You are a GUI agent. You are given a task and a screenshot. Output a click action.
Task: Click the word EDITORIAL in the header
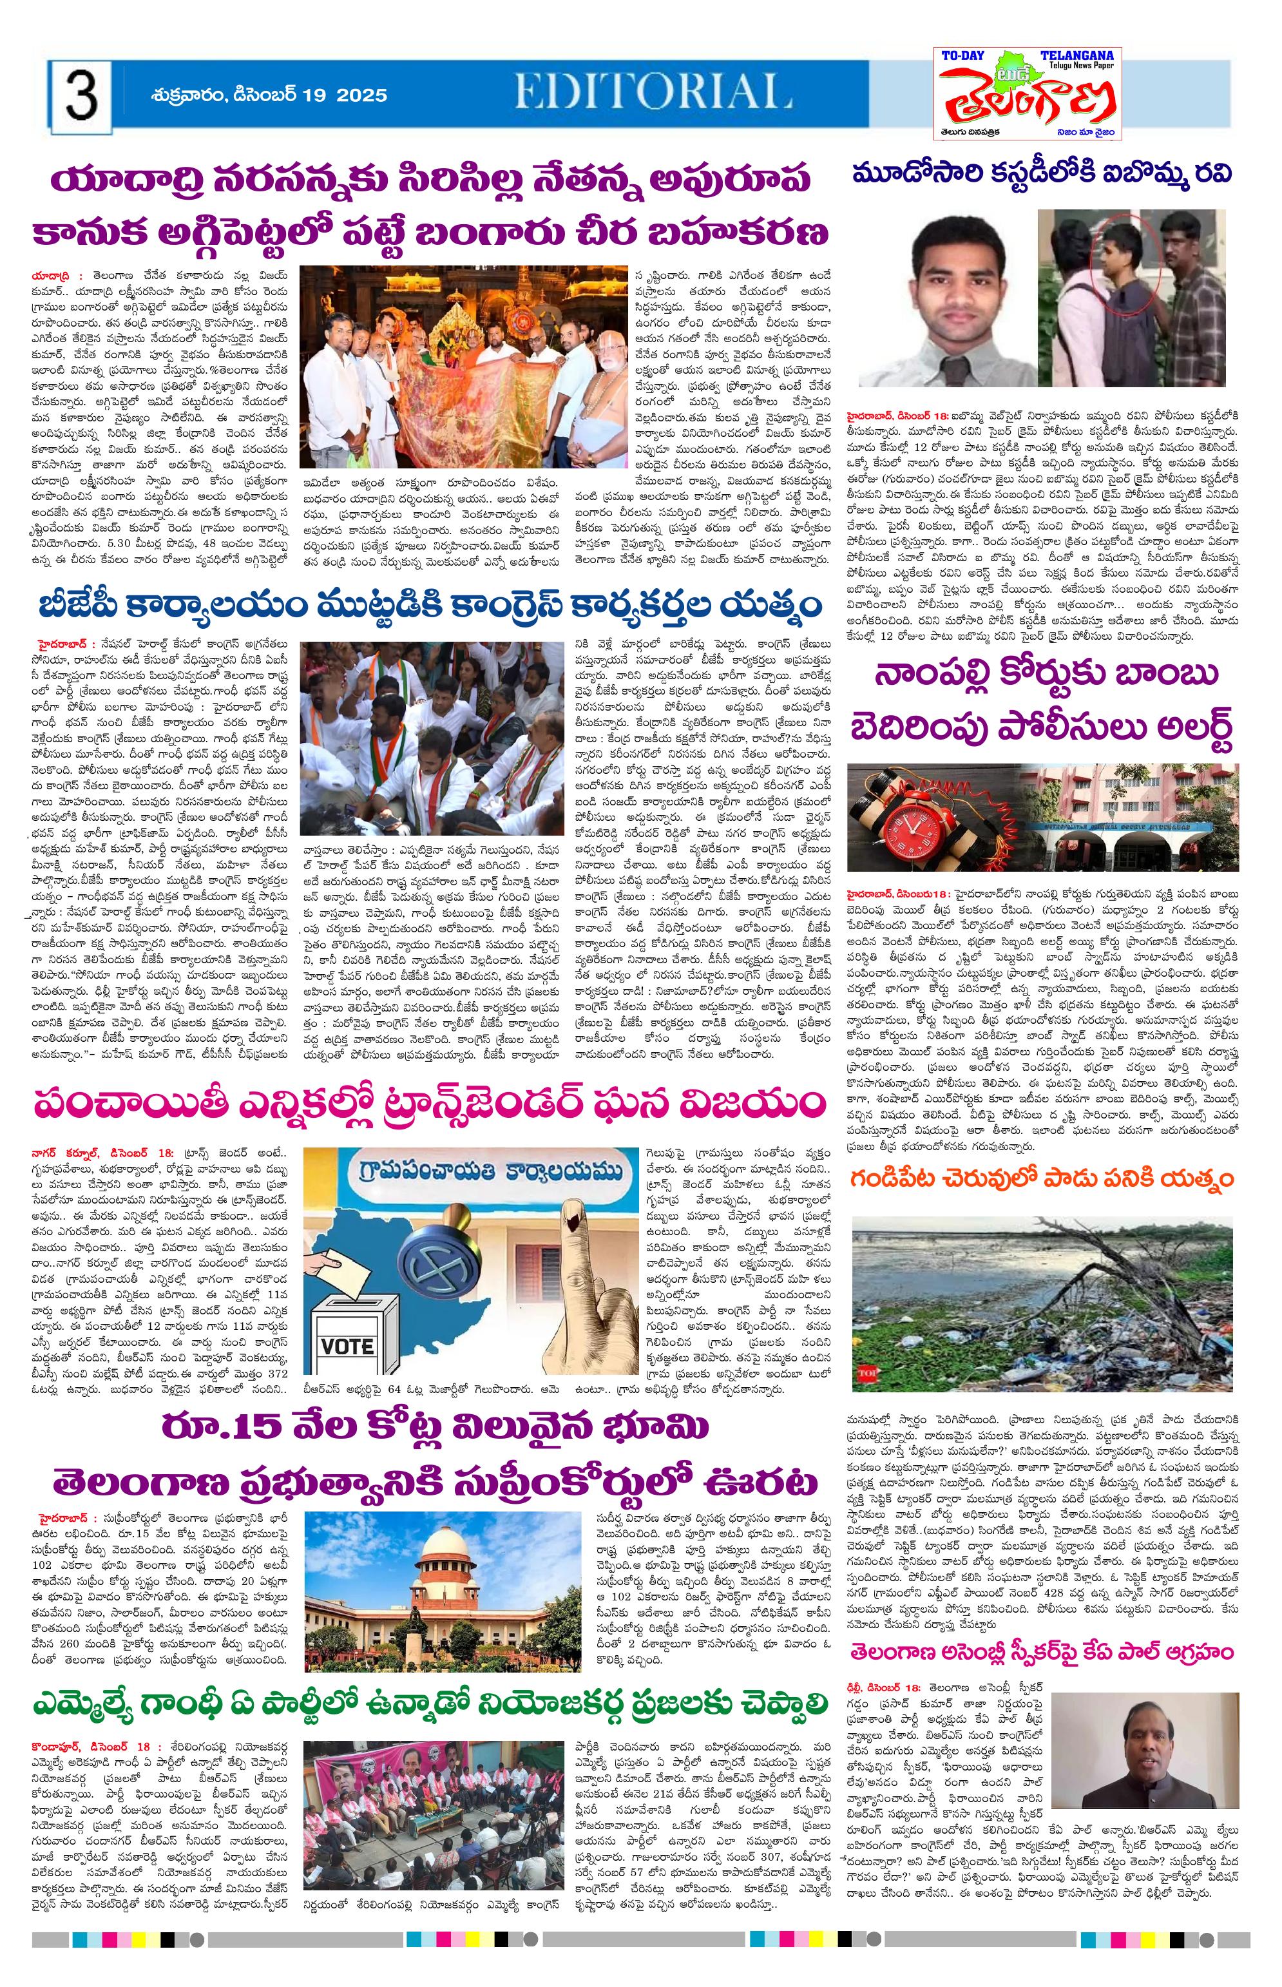coord(653,91)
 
